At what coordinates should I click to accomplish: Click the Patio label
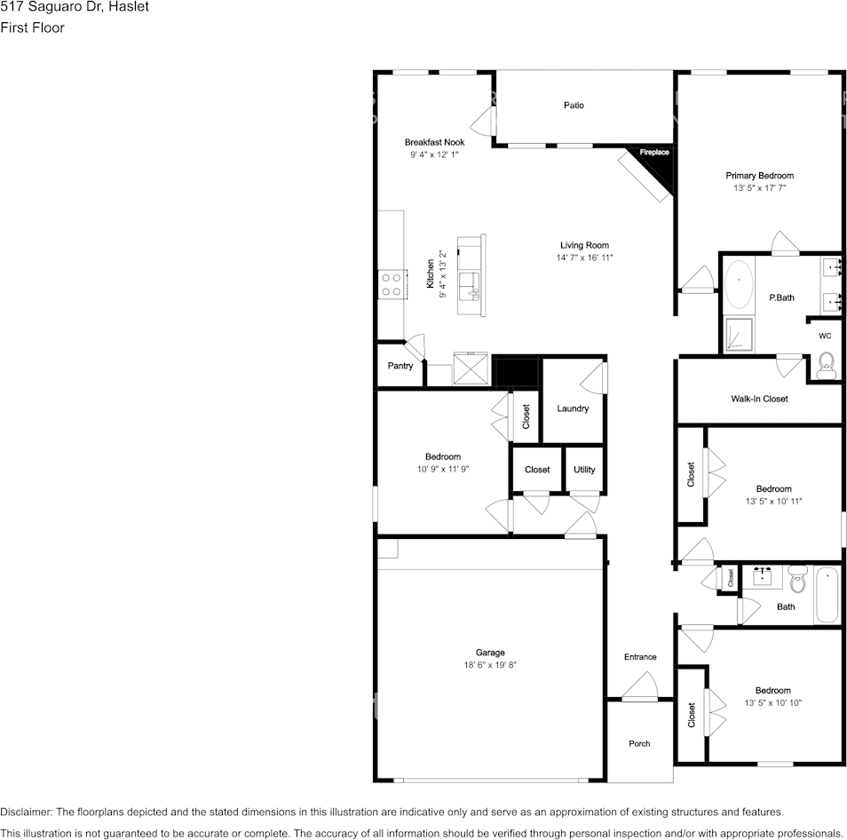point(574,106)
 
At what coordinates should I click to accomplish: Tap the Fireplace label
point(654,153)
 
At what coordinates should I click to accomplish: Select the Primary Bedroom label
point(759,176)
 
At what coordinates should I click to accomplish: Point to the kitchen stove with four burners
point(391,285)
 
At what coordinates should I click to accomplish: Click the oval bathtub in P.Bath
point(739,284)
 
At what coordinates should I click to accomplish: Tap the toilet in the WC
point(826,366)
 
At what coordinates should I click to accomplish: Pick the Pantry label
point(400,366)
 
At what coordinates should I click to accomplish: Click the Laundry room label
point(573,408)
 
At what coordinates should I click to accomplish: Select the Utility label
point(584,470)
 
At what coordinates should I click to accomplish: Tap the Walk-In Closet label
point(759,399)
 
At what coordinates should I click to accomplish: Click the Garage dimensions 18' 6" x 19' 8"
point(490,665)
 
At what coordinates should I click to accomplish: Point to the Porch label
point(639,744)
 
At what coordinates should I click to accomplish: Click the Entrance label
point(640,657)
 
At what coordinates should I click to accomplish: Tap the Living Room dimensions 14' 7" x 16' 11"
point(584,258)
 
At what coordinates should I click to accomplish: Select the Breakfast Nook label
point(434,142)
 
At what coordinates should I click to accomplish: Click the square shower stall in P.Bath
point(739,335)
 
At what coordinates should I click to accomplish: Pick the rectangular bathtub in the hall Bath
point(827,595)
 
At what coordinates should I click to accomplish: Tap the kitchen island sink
point(468,286)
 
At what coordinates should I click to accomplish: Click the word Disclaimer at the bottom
point(27,812)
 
